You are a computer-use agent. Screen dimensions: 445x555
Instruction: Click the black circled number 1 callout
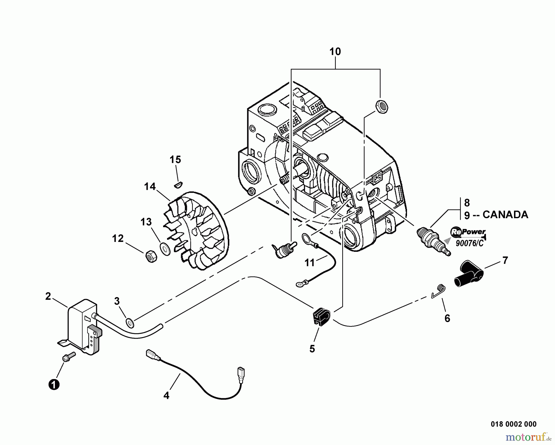click(x=54, y=385)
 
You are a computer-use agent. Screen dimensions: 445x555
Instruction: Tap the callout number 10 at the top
click(x=335, y=51)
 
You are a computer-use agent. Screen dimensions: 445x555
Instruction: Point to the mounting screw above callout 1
click(x=68, y=357)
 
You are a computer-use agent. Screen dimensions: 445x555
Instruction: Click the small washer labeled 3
click(x=130, y=322)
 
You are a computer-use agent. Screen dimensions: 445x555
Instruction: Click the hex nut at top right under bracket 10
click(x=381, y=107)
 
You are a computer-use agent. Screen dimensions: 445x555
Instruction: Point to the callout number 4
click(x=166, y=395)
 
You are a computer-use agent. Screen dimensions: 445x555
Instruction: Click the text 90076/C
click(x=470, y=243)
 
